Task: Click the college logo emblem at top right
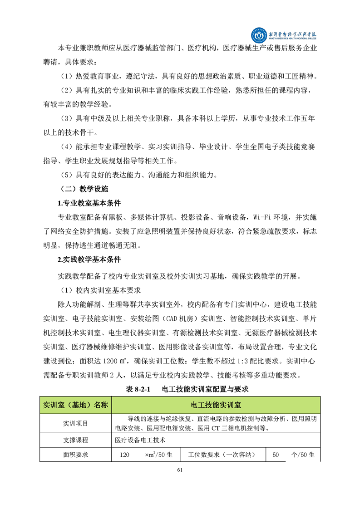260,34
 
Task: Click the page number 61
180,470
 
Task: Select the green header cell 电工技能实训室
216,405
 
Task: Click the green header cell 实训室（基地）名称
76,405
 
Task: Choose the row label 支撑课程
76,440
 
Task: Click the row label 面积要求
76,455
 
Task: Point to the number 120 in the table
124,455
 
